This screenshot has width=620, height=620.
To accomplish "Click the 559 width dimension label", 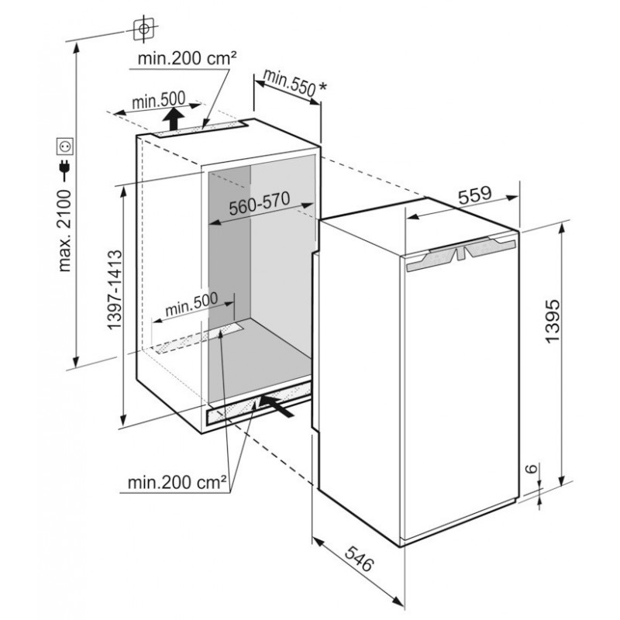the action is (475, 195).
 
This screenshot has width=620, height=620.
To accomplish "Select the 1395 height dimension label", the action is (552, 321).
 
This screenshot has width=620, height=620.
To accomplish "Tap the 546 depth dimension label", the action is (359, 558).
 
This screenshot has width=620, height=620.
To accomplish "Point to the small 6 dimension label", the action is (532, 468).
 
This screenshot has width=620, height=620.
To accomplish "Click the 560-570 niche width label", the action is (260, 203).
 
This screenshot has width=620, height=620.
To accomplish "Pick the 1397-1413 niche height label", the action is (115, 289).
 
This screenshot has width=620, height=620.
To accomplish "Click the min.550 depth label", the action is (289, 82).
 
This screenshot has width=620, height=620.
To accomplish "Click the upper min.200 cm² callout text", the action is (187, 59).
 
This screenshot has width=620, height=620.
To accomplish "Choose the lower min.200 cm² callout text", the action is (177, 482).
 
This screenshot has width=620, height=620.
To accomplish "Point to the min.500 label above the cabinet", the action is (159, 101).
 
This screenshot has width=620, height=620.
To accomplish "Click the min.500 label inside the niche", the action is (191, 304).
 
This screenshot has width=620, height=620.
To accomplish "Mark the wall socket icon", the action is (64, 147).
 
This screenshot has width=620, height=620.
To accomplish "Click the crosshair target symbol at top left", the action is (144, 29).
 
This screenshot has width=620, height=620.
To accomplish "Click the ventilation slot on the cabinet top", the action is (200, 129).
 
